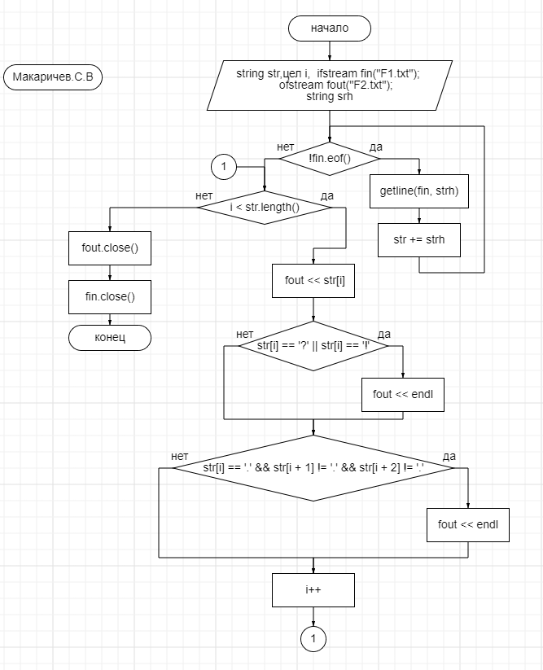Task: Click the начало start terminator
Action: point(330,28)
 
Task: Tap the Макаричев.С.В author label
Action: point(53,77)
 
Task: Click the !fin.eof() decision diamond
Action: point(330,159)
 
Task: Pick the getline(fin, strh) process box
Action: point(418,191)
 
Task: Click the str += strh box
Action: point(418,240)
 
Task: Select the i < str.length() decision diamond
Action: point(265,208)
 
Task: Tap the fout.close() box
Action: point(110,247)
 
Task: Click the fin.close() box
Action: point(110,297)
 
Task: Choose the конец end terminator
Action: point(110,337)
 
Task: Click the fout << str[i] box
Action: point(313,280)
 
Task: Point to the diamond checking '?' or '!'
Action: point(313,346)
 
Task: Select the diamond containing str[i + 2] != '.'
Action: point(313,468)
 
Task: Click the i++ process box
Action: point(313,589)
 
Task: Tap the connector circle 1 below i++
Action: point(313,639)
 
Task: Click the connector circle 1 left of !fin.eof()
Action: point(223,167)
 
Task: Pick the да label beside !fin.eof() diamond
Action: point(376,147)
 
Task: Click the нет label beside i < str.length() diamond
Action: point(204,195)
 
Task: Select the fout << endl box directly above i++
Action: point(468,524)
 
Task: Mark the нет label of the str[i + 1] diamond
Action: point(180,456)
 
